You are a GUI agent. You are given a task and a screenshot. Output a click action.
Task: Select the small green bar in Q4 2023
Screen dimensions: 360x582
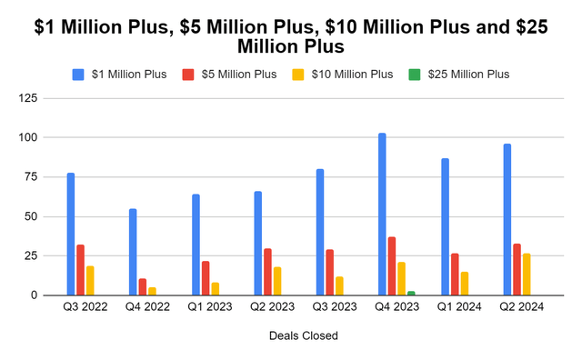click(x=411, y=293)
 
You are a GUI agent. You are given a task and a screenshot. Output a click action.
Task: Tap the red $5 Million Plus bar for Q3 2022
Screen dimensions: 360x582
click(x=80, y=270)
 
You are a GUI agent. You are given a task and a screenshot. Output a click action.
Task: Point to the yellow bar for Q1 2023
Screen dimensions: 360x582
click(x=215, y=289)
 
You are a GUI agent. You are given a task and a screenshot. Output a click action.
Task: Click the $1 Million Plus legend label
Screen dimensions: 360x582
click(x=129, y=74)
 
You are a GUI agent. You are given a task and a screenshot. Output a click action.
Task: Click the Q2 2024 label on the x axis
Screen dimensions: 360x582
click(x=523, y=307)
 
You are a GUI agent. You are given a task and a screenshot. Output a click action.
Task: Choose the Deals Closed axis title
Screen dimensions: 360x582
click(x=304, y=335)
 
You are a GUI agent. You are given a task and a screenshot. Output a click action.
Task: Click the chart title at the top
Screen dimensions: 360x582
click(x=291, y=35)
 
